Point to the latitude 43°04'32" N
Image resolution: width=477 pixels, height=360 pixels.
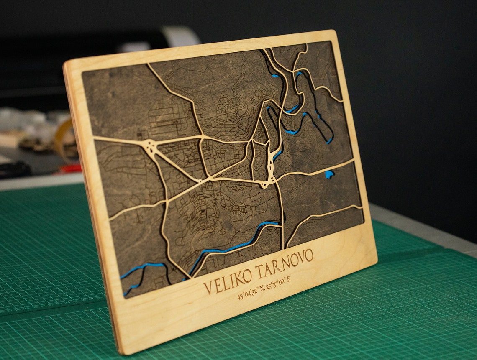251,293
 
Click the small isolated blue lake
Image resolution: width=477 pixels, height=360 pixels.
329,174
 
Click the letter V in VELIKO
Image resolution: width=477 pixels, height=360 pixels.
208,288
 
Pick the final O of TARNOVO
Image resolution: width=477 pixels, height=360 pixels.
308,255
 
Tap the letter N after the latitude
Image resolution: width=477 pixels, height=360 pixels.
262,289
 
